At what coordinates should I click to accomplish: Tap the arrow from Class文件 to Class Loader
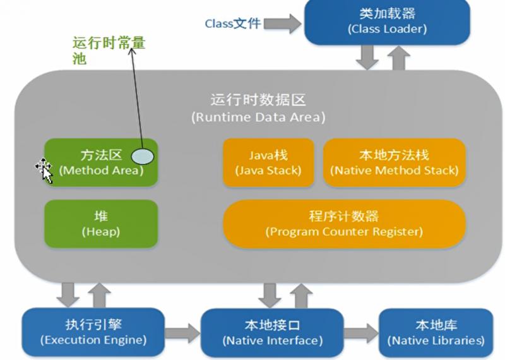point(282,24)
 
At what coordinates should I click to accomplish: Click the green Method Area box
point(100,162)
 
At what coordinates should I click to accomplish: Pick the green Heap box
point(100,224)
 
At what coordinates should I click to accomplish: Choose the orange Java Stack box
point(268,162)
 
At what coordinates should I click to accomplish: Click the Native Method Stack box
point(394,162)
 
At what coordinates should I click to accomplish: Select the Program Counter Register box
point(344,224)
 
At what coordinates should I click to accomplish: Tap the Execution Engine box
point(93,332)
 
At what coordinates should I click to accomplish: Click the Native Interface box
point(272,332)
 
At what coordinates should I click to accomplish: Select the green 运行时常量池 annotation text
point(107,51)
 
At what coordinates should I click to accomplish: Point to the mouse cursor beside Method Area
point(44,169)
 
